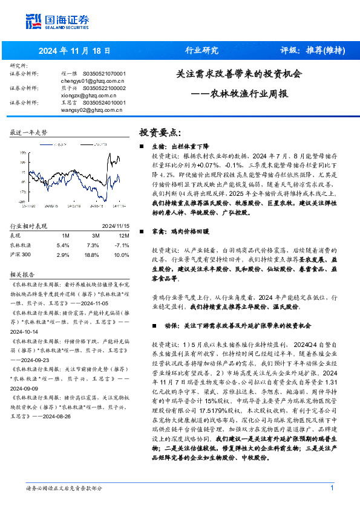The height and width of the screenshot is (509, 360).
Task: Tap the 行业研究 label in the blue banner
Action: click(201, 50)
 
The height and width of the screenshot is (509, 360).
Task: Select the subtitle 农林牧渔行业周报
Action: click(249, 94)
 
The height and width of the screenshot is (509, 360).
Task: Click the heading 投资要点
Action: click(160, 132)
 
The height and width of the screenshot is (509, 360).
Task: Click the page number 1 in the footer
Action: click(332, 488)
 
